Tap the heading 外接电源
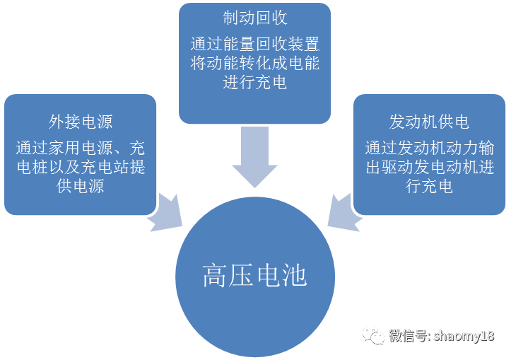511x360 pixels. [x=80, y=122]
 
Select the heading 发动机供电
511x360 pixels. [x=429, y=122]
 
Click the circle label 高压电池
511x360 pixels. [x=254, y=275]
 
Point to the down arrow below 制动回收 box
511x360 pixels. [x=254, y=156]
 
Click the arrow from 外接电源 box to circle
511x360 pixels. [x=168, y=210]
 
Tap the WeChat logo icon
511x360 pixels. [x=374, y=335]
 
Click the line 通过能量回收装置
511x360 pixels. [x=255, y=46]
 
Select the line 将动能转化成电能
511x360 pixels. [x=255, y=64]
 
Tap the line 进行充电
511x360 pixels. [x=255, y=83]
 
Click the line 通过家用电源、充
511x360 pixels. [x=80, y=148]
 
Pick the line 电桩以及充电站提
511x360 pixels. [x=80, y=167]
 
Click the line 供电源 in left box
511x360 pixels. [x=80, y=186]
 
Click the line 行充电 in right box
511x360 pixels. [x=429, y=186]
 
